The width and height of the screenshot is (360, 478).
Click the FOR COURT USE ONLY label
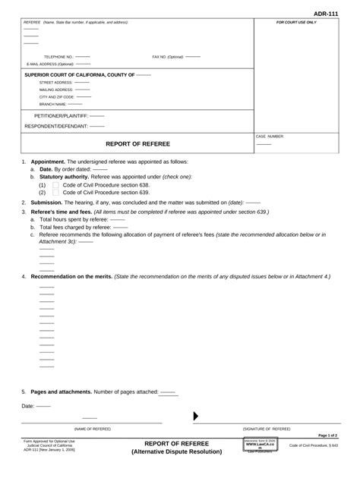(296, 23)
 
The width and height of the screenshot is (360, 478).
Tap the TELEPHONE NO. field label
(58, 57)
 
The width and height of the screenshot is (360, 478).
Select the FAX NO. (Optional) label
(168, 57)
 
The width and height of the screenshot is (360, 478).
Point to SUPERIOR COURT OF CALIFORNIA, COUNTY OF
(80, 75)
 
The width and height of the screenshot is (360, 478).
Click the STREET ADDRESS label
(56, 82)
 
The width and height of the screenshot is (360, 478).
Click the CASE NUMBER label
(270, 136)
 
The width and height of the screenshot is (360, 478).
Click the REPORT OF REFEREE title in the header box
(137, 143)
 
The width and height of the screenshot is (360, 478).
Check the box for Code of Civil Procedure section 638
(55, 184)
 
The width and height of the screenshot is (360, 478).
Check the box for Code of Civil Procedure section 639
(55, 193)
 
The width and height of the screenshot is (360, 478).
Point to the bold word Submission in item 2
(46, 203)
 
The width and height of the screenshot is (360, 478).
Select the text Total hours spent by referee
(72, 219)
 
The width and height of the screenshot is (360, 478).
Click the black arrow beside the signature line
(196, 416)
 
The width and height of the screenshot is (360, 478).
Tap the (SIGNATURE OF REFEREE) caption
(267, 429)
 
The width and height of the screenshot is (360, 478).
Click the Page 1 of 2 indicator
(327, 436)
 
